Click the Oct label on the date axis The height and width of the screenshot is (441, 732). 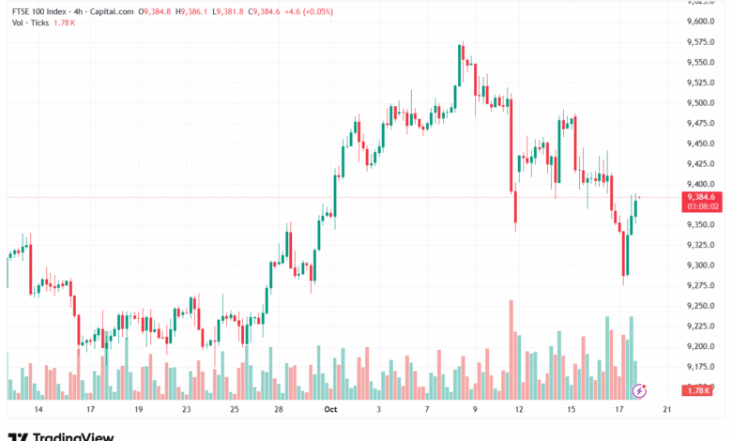330,410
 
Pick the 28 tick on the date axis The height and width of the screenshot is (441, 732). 279,410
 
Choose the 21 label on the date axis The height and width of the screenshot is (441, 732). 665,410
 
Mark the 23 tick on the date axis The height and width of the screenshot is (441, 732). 186,410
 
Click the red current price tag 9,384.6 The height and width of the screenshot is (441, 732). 701,196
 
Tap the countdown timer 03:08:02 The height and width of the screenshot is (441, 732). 703,206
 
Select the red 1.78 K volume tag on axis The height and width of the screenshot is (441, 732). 700,389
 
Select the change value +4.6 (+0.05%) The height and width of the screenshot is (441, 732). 308,11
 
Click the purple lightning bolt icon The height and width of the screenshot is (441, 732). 640,389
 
